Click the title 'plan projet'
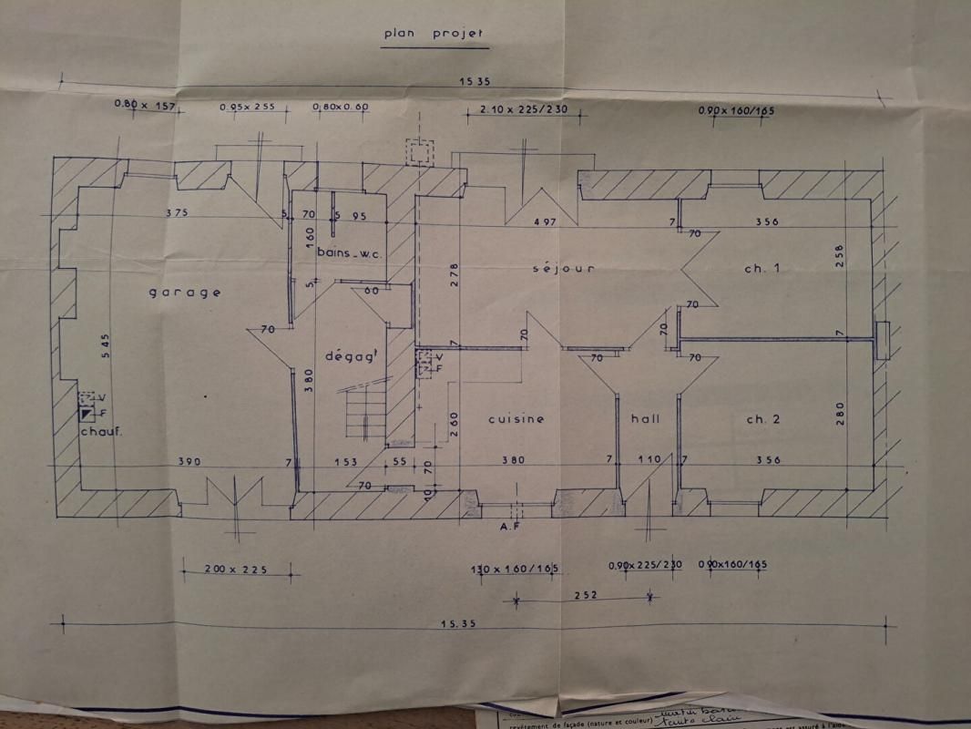tap(434, 34)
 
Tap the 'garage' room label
tap(185, 293)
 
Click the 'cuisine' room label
tap(516, 419)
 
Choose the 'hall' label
tap(645, 419)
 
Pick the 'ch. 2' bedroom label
tap(763, 419)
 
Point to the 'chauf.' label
tap(101, 431)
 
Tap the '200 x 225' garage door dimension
tap(236, 570)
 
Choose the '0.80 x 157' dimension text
tap(143, 104)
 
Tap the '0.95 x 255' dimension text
tap(249, 108)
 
